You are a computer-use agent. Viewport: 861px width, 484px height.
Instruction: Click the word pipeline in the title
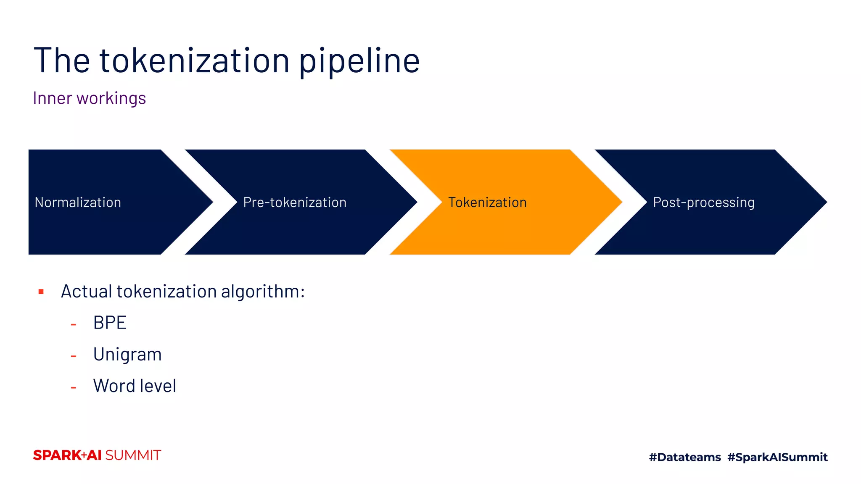tap(359, 62)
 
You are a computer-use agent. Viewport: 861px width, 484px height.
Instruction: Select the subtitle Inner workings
tap(90, 98)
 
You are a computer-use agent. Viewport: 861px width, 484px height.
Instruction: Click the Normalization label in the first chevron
tap(78, 203)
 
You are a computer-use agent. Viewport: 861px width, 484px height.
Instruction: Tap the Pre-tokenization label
tap(295, 203)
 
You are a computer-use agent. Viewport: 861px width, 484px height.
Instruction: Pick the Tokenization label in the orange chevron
tap(487, 203)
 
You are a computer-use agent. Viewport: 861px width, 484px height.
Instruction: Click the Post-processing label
tap(703, 203)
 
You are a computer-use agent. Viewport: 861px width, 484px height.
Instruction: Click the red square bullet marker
tap(41, 292)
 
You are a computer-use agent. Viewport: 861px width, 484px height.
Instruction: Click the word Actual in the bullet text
tap(86, 292)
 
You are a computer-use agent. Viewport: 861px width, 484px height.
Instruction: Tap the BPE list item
tap(110, 323)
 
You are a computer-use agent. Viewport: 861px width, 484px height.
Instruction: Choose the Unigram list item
tap(127, 355)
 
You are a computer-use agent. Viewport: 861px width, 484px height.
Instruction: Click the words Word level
tap(135, 386)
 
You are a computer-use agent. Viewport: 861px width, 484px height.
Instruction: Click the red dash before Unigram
tap(74, 356)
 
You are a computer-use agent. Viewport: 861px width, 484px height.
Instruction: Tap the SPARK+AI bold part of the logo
tap(67, 455)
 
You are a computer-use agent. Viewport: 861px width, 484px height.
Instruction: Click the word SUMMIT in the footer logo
tap(133, 455)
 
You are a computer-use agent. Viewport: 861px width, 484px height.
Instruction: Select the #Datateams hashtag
tap(685, 457)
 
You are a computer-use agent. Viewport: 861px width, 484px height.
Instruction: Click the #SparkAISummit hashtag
tap(777, 457)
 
